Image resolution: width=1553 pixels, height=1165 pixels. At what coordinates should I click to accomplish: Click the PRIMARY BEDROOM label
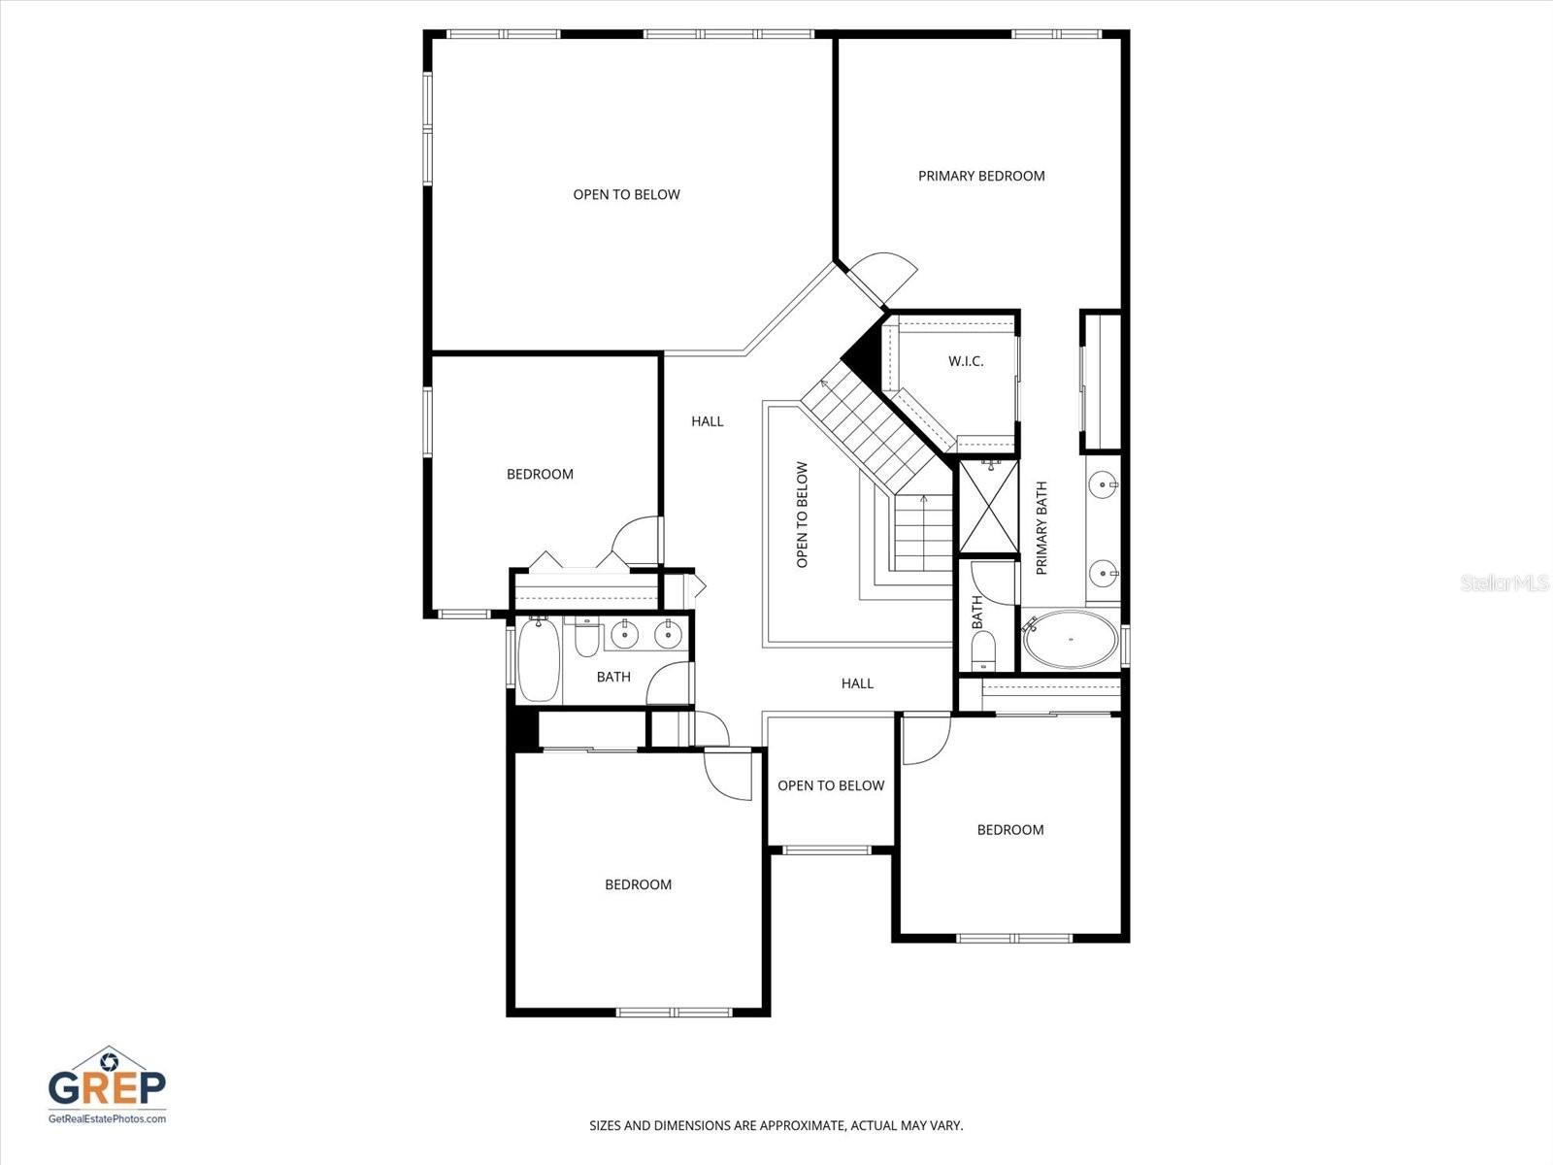click(981, 176)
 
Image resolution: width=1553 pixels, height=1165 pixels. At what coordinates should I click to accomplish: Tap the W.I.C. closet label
click(966, 361)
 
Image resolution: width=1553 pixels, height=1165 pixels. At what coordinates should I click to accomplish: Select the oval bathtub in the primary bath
click(1071, 640)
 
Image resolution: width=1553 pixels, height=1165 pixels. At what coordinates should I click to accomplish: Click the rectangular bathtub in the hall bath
click(538, 660)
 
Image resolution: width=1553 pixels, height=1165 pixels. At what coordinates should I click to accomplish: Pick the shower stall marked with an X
click(986, 506)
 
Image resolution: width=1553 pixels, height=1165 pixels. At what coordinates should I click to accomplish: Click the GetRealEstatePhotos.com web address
click(107, 1118)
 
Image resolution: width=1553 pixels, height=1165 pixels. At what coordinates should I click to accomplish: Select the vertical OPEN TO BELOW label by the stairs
click(802, 515)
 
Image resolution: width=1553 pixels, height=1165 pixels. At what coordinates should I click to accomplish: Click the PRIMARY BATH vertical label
click(1041, 528)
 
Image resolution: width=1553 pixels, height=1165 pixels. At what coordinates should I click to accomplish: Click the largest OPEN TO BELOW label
click(626, 194)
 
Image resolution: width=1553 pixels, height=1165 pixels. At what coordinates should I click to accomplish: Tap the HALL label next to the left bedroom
click(708, 421)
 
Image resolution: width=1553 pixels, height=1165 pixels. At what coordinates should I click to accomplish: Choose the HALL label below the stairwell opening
click(857, 683)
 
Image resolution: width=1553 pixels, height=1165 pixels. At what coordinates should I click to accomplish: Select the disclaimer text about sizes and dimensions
click(776, 1126)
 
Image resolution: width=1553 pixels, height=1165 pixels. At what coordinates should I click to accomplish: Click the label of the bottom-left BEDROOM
click(638, 884)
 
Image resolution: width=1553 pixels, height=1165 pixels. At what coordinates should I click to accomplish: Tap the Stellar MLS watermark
click(1505, 583)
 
